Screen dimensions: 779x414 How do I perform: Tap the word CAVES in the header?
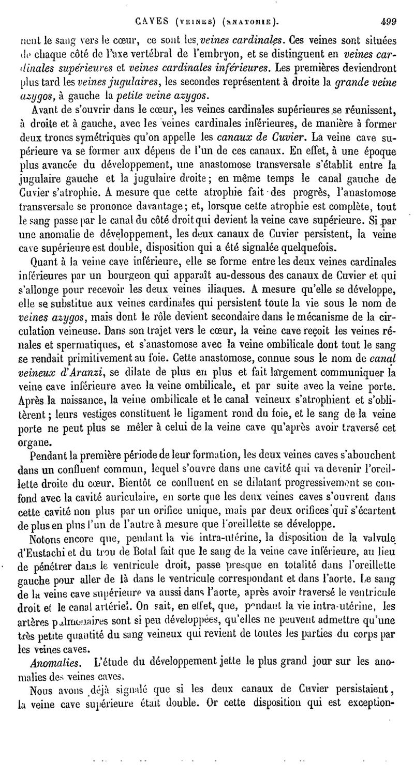(150, 22)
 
